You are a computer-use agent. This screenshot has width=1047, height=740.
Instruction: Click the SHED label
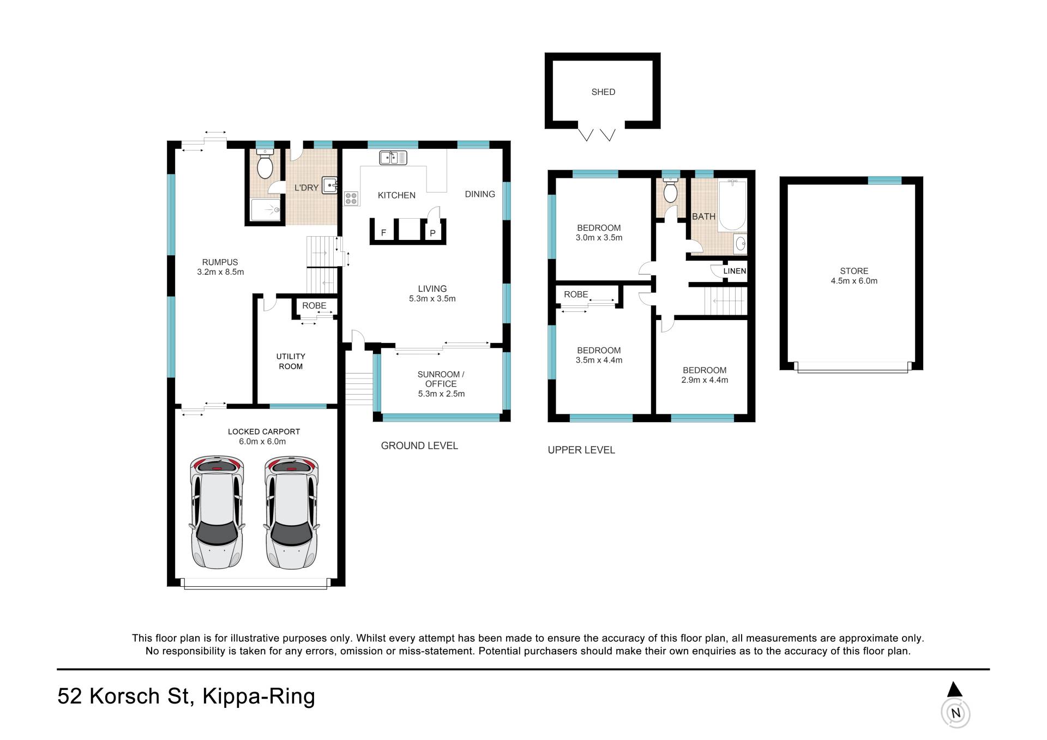(x=603, y=92)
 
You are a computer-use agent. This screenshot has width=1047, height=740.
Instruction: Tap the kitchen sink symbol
(x=393, y=158)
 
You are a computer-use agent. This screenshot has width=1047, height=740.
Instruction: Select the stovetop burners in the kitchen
(x=351, y=198)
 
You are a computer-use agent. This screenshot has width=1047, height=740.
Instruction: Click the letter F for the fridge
(x=384, y=233)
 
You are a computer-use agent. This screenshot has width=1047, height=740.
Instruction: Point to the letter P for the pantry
(x=432, y=233)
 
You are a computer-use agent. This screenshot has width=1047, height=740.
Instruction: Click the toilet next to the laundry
(x=265, y=163)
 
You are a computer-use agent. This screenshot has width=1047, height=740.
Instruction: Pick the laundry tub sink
(x=330, y=185)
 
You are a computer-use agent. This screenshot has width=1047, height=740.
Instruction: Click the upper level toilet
(x=670, y=190)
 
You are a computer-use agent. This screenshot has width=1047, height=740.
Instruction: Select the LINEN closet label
(x=735, y=271)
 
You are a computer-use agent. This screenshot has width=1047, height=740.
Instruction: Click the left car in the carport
(x=217, y=512)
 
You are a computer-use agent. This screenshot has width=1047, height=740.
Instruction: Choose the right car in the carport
(x=292, y=512)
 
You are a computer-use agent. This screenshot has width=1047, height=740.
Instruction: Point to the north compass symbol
(x=955, y=706)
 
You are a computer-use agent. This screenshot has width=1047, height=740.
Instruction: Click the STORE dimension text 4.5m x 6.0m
(x=854, y=281)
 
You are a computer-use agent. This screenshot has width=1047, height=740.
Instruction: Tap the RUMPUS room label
(x=220, y=262)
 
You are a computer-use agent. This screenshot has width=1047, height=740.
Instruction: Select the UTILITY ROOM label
(x=291, y=362)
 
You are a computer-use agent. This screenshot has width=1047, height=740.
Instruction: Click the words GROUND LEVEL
(x=419, y=446)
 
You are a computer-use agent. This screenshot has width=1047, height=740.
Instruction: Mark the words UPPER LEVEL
(x=581, y=450)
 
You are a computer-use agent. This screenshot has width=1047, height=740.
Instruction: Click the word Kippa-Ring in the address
(x=258, y=697)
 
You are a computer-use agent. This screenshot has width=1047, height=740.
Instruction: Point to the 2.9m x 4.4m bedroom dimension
(x=705, y=380)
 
